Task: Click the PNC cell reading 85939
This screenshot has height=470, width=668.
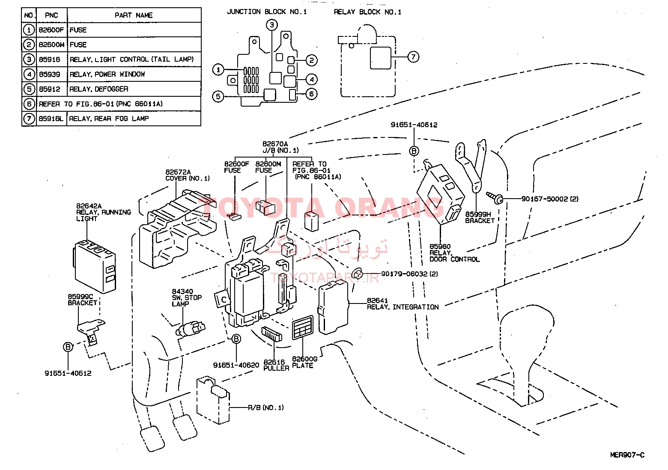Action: (x=50, y=74)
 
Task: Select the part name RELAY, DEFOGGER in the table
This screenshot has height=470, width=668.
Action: (x=99, y=89)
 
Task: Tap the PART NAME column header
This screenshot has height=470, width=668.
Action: (x=134, y=15)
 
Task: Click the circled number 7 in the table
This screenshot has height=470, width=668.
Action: (x=29, y=119)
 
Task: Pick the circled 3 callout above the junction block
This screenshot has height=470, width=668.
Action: (x=271, y=25)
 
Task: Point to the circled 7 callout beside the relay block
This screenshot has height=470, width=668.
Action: (x=413, y=57)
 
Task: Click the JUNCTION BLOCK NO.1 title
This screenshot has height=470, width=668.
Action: (x=267, y=12)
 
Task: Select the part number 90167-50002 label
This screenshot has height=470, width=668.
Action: (x=550, y=199)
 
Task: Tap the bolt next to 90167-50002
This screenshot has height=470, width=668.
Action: (x=495, y=197)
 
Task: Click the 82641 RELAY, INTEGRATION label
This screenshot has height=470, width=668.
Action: (x=403, y=303)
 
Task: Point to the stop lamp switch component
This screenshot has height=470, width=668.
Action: (x=191, y=328)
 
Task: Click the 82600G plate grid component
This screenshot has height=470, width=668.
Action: (x=303, y=327)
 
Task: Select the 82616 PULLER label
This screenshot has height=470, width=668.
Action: (x=276, y=365)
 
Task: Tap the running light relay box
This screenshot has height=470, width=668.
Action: (x=95, y=266)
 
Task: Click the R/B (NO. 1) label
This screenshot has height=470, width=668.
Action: (x=266, y=408)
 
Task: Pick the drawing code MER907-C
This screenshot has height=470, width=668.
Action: (x=627, y=455)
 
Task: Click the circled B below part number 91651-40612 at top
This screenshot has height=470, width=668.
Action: (x=414, y=151)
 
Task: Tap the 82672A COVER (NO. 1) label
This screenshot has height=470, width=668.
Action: (x=187, y=175)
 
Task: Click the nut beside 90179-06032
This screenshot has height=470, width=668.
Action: (x=358, y=274)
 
